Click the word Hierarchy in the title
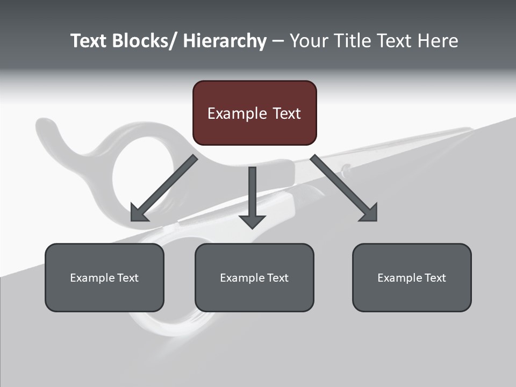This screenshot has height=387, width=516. (x=225, y=41)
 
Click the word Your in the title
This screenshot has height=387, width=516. (x=309, y=41)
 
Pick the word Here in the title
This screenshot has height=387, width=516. (x=436, y=41)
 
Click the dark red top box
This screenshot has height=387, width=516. (x=254, y=113)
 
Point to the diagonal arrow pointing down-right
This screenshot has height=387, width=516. (x=344, y=188)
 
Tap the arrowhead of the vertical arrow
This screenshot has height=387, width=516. (x=252, y=221)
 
